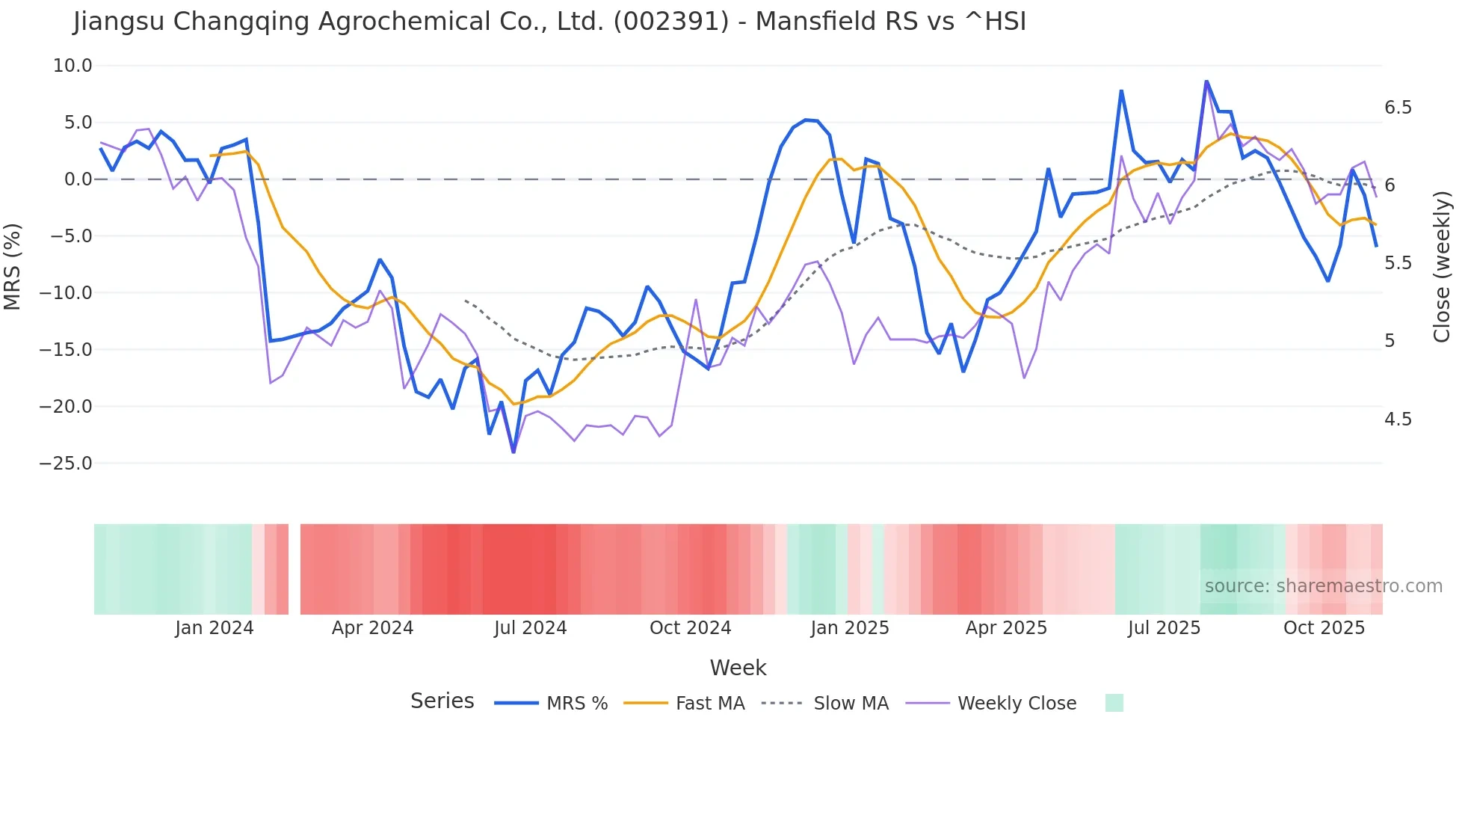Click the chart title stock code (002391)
[x=670, y=22]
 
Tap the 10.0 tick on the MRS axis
[x=73, y=66]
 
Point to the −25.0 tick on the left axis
[x=66, y=464]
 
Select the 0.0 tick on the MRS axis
[x=78, y=179]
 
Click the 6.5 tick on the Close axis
[x=1398, y=108]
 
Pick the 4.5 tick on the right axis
[x=1398, y=419]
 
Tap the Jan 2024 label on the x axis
[x=215, y=628]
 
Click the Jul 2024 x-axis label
[x=530, y=628]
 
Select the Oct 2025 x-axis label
[x=1324, y=628]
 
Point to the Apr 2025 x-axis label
[x=1006, y=628]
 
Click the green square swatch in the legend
[x=1114, y=703]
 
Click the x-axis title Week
[x=738, y=668]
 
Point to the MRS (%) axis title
[x=13, y=266]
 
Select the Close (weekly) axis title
[x=1442, y=267]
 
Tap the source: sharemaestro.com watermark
[x=1323, y=586]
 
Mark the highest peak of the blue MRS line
[x=1206, y=81]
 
